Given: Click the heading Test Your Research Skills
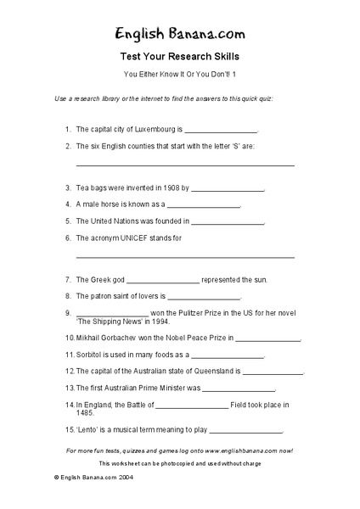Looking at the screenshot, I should pos(180,59).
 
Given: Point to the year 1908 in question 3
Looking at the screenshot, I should pos(169,187).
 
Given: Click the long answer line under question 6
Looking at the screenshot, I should pos(185,256).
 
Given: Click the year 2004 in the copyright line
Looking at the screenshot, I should pos(119,478).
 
